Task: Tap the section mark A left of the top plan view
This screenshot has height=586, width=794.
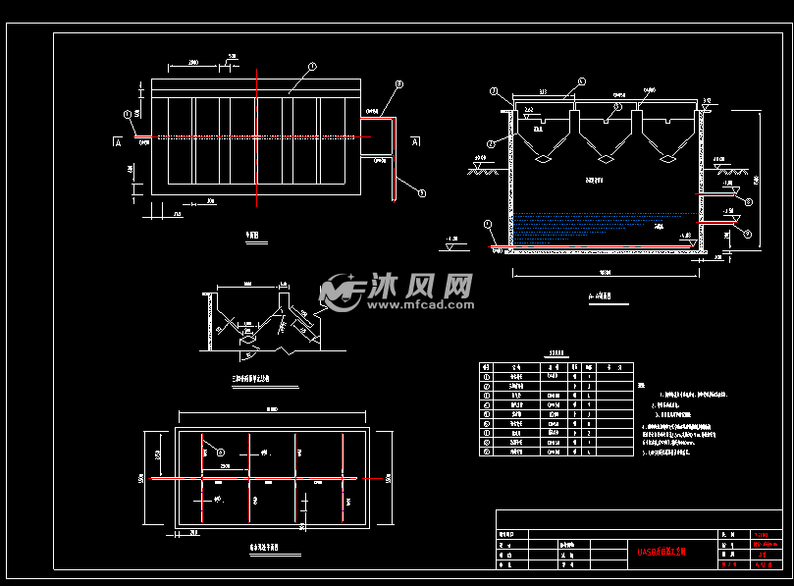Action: click(119, 142)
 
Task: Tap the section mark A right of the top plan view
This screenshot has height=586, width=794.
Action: click(415, 142)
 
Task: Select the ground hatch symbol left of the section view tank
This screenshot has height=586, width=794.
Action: click(481, 169)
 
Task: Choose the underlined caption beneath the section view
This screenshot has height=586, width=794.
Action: click(598, 293)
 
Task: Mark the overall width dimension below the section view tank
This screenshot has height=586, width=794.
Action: click(606, 271)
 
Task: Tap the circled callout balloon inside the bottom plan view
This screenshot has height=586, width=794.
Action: click(207, 452)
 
